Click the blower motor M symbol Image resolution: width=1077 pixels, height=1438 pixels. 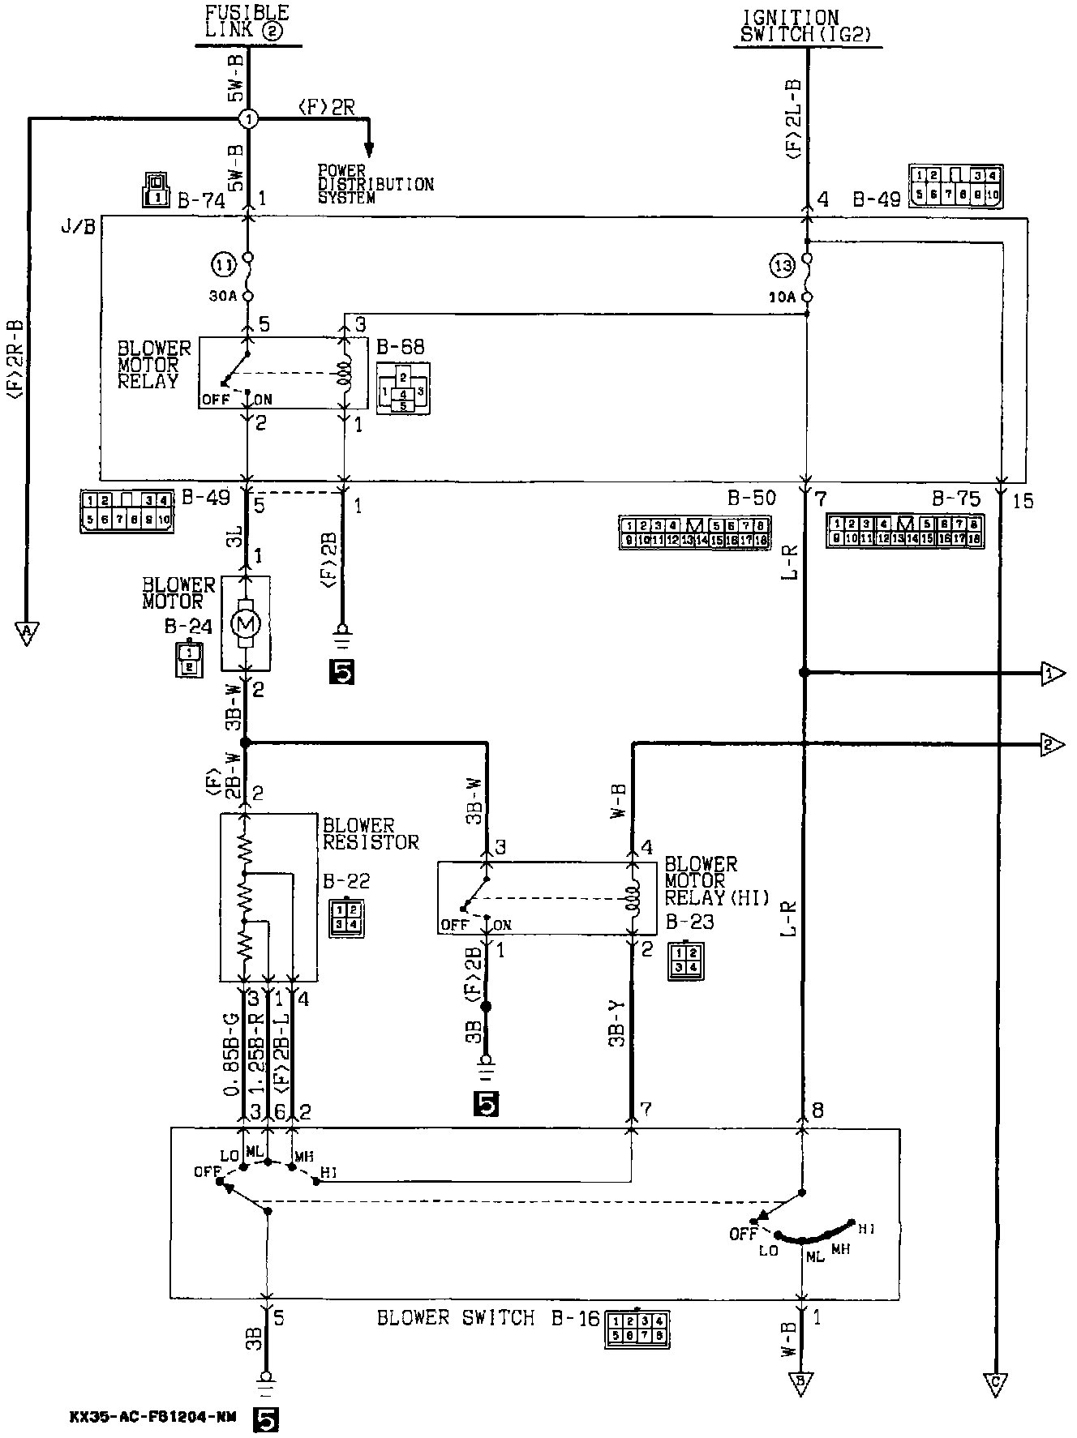tap(246, 623)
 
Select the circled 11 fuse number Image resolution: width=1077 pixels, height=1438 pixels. tap(223, 264)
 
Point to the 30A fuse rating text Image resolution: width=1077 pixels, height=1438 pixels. tap(222, 297)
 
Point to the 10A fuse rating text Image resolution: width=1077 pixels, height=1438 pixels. tap(781, 297)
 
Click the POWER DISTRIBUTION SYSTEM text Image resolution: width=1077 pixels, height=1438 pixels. tap(375, 184)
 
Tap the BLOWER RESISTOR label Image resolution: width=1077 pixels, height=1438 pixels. tap(371, 833)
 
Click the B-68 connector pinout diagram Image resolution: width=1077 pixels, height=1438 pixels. tap(403, 389)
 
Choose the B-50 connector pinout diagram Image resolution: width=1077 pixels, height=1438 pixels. tap(694, 532)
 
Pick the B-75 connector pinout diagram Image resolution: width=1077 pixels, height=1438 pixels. tap(904, 530)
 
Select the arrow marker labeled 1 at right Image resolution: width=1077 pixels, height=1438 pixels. tap(1052, 673)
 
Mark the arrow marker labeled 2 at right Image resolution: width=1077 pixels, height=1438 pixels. tap(1052, 743)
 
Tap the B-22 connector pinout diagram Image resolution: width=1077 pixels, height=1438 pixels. tap(345, 918)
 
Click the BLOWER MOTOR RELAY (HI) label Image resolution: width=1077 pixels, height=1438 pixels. tap(716, 880)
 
